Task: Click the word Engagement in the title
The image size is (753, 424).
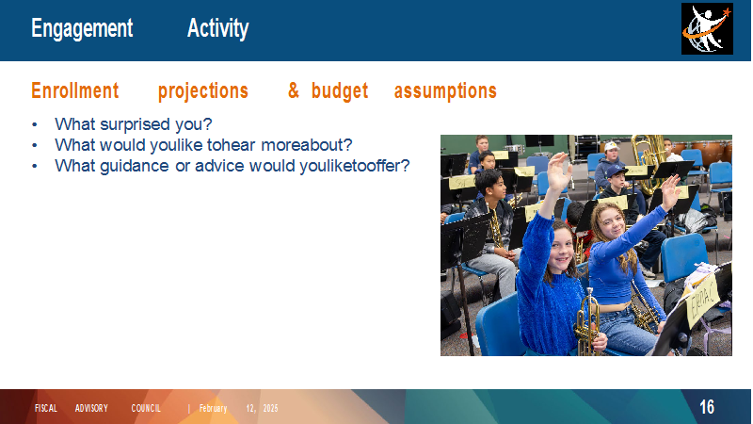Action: point(82,28)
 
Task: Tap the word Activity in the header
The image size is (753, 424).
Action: point(218,28)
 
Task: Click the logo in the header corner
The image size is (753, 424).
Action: point(707,29)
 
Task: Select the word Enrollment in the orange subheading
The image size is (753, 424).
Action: point(75,90)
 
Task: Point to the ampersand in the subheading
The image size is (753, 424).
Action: point(294,90)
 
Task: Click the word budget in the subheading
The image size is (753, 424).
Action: point(340,90)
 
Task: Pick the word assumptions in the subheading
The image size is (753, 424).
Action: point(445,91)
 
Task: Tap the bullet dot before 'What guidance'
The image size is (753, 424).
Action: point(35,166)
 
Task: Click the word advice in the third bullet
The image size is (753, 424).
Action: point(219,166)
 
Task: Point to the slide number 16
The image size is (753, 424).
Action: point(707,407)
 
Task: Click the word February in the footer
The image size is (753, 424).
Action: point(213,408)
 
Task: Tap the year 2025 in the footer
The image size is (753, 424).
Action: point(270,408)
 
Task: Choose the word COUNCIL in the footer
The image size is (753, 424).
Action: point(146,408)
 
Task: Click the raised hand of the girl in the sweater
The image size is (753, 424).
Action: point(558,172)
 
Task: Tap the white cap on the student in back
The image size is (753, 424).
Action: point(611,146)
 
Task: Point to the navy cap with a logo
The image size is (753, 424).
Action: point(616,171)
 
